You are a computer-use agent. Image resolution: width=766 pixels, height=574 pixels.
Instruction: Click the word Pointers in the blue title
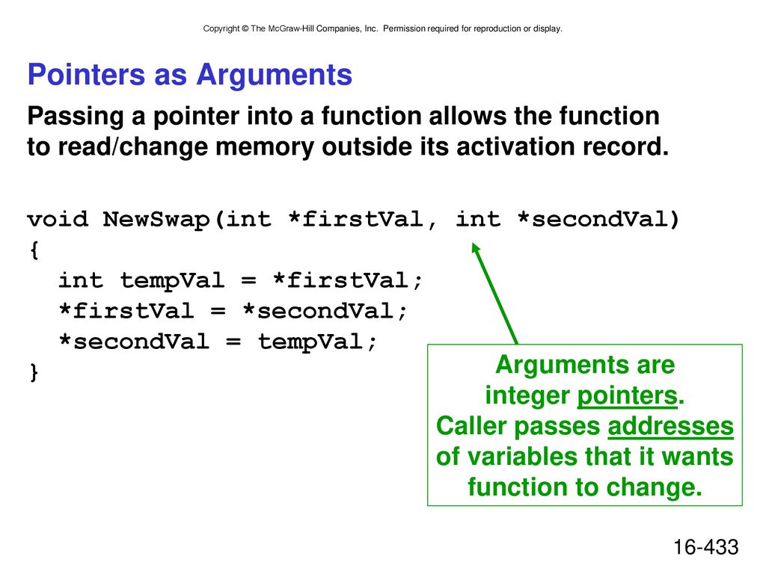pos(87,75)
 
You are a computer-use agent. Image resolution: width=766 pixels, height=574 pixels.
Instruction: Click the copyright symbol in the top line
pos(245,29)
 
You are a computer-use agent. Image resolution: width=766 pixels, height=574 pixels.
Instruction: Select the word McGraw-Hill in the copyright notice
pos(291,29)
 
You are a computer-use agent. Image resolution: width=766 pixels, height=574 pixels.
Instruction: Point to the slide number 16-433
pos(706,547)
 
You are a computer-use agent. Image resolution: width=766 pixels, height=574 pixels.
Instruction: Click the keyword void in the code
pos(58,219)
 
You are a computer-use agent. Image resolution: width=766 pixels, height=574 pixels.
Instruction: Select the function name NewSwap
pos(156,220)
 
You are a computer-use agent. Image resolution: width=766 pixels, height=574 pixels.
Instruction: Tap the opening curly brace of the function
pos(34,250)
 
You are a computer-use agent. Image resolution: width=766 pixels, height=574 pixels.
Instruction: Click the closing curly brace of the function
pos(34,372)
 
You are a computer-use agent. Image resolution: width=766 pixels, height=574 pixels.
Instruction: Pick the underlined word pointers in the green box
pos(628,396)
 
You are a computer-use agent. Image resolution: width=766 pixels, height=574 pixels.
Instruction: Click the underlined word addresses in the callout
pos(671,426)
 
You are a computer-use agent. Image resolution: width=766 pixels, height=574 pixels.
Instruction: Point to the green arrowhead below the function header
pos(476,247)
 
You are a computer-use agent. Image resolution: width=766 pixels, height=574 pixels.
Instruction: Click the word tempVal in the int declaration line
pos(173,281)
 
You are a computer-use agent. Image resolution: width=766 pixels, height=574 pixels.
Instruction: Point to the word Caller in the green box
pos(471,426)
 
